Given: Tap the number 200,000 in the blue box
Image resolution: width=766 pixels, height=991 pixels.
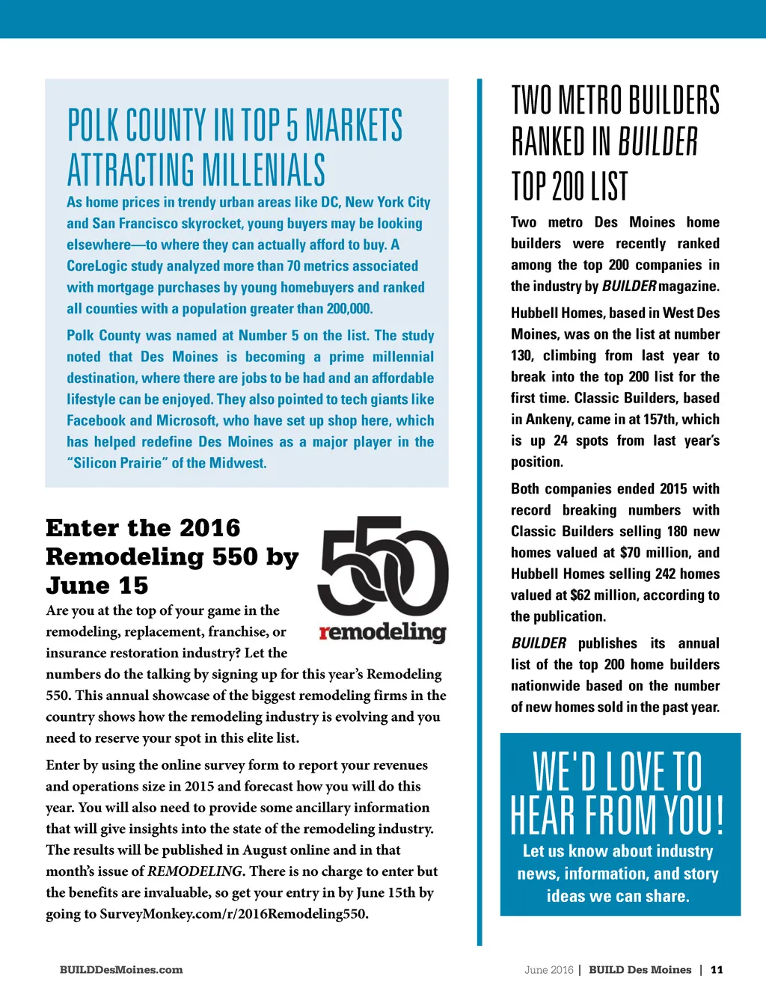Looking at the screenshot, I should [x=349, y=309].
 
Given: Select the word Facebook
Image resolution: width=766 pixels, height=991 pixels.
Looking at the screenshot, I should [x=96, y=421].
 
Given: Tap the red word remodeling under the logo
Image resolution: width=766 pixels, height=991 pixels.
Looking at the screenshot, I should [x=382, y=633].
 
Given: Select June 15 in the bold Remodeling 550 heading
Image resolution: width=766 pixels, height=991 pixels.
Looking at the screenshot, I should [x=97, y=586].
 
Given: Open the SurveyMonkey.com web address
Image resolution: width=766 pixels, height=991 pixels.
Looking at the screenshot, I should [x=234, y=914].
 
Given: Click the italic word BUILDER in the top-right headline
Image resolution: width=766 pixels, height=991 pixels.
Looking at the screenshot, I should [x=658, y=142].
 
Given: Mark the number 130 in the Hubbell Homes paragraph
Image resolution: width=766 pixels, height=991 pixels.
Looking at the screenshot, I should [x=521, y=356].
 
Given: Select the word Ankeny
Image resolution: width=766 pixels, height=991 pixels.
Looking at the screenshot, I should [x=548, y=420].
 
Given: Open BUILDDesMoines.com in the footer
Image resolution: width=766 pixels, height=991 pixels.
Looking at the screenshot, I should [x=121, y=970].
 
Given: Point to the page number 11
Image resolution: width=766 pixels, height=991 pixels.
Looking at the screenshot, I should [x=717, y=970].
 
